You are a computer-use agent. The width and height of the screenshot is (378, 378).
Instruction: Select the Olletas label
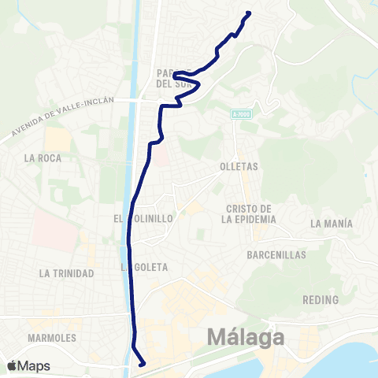[x=240, y=167]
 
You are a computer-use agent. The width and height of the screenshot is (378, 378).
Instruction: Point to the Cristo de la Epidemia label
[x=249, y=213]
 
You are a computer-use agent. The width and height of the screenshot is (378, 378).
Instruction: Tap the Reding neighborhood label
[x=320, y=300]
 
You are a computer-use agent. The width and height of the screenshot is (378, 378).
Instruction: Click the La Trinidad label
[x=66, y=273]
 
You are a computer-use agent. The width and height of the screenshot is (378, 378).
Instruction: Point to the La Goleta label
[x=146, y=267]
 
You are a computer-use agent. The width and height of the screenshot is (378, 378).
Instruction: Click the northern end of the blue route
[x=249, y=13]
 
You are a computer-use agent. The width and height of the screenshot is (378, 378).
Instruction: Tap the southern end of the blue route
[x=142, y=364]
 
